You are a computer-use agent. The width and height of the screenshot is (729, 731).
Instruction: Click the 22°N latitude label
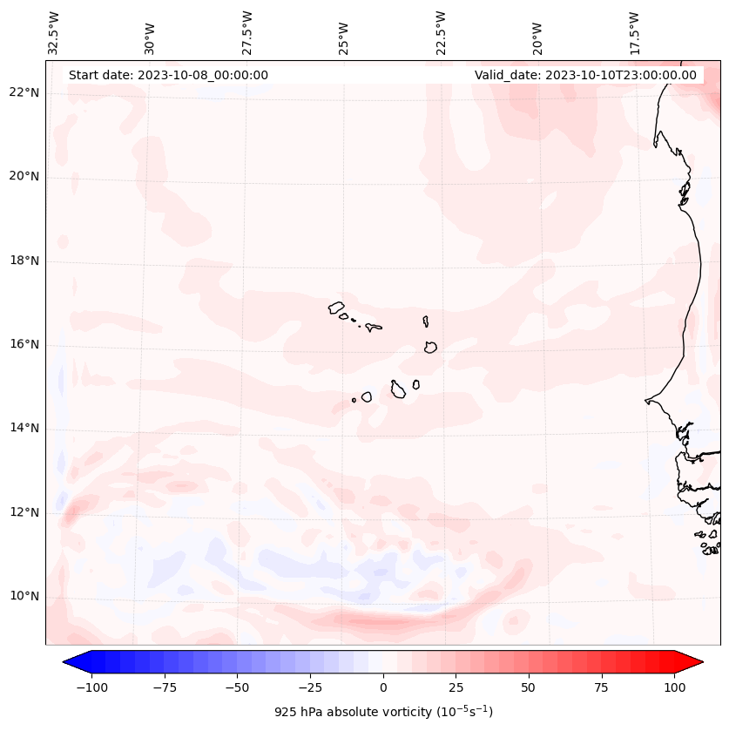click(25, 92)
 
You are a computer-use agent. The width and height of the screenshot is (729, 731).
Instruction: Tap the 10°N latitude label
click(25, 596)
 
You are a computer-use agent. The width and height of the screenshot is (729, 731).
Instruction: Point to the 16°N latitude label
click(25, 344)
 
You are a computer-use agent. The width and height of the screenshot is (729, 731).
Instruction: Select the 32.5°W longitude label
click(54, 33)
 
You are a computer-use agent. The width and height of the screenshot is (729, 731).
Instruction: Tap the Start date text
click(168, 75)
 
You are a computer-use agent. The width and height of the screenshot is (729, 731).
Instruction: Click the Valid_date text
click(585, 75)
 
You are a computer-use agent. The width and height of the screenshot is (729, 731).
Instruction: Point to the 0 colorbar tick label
click(383, 687)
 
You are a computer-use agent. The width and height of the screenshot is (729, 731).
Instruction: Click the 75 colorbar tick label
click(602, 687)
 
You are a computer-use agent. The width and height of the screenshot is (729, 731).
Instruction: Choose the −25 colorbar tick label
click(310, 687)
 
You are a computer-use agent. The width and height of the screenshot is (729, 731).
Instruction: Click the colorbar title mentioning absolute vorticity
click(383, 712)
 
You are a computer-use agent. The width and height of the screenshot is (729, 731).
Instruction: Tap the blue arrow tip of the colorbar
click(69, 662)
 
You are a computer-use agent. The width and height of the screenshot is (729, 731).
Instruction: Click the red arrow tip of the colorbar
click(697, 662)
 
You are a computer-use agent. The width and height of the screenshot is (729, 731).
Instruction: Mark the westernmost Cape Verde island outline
click(336, 307)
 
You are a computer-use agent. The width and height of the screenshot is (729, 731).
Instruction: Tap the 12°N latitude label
click(25, 512)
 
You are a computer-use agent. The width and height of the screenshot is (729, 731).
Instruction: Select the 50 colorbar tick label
click(529, 687)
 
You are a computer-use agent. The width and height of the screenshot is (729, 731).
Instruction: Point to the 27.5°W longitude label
click(247, 33)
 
